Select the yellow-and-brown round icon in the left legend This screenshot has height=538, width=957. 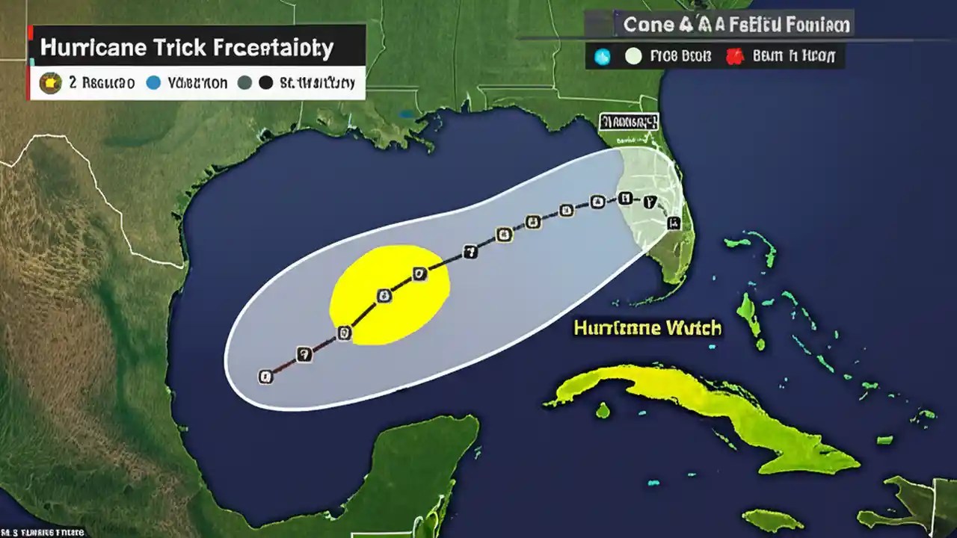click(x=51, y=83)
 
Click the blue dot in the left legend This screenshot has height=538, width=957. click(x=153, y=83)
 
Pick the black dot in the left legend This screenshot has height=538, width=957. click(x=265, y=83)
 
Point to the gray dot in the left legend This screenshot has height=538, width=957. click(x=244, y=83)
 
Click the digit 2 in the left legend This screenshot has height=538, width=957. click(x=73, y=83)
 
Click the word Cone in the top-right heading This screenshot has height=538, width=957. click(x=648, y=25)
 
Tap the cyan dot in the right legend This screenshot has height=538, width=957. click(x=602, y=56)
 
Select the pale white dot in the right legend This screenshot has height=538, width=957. click(x=633, y=56)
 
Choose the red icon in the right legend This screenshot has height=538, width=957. click(x=735, y=56)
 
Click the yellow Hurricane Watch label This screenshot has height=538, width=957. click(x=647, y=327)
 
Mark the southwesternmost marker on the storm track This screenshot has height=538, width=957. click(x=265, y=377)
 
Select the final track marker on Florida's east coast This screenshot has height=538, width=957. click(x=673, y=222)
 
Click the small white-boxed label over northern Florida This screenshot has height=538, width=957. click(x=628, y=121)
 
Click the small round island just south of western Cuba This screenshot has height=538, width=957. click(x=603, y=410)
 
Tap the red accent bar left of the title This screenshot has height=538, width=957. click(x=29, y=62)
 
